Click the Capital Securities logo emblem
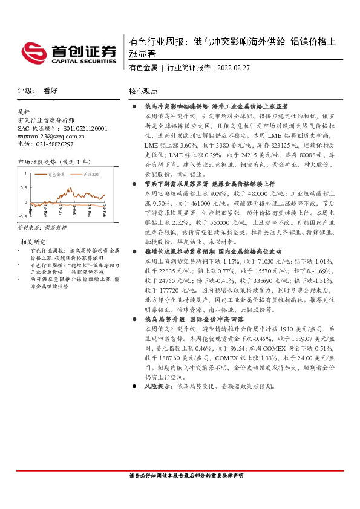[x=31, y=51]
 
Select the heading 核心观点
[x=143, y=91]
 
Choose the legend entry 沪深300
[x=91, y=174]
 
